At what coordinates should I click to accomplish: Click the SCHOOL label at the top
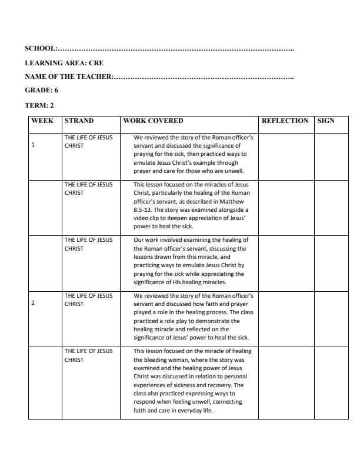pos(41,48)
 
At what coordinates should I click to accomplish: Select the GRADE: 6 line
pos(41,90)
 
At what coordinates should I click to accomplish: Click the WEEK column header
pos(42,121)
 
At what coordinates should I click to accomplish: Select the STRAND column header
pos(79,121)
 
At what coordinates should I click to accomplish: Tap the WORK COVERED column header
pos(153,121)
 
